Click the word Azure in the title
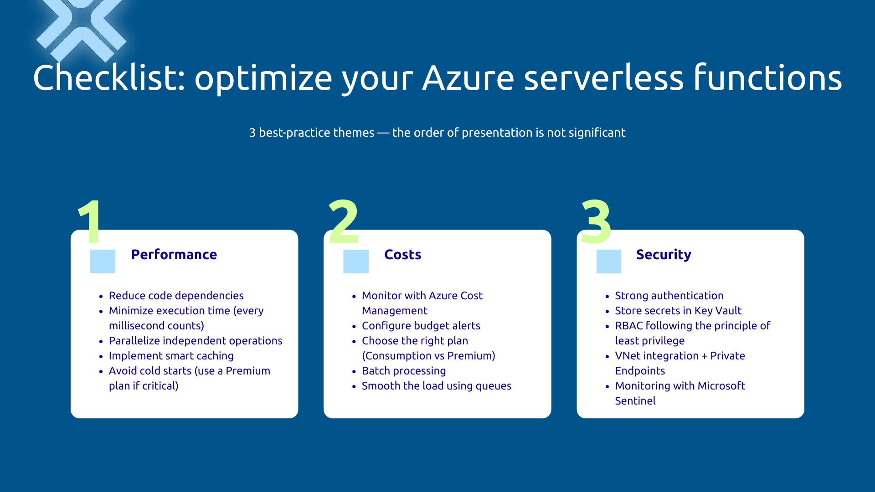pos(468,78)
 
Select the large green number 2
pos(344,222)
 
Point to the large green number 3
pos(596,222)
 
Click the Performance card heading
pos(174,255)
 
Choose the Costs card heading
pos(402,255)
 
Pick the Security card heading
pos(664,255)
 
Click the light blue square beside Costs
pos(355,261)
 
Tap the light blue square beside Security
pos(608,261)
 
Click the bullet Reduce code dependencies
pos(176,296)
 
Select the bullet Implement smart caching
pos(171,356)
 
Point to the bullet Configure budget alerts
pos(421,326)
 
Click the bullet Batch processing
pos(403,371)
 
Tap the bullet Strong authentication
pos(669,296)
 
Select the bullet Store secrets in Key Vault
pos(678,311)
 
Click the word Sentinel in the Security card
pos(635,401)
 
